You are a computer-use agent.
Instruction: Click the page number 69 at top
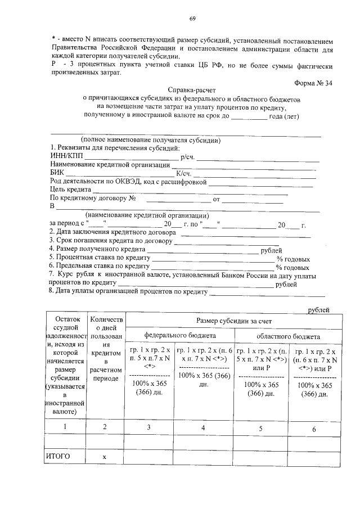point(192,19)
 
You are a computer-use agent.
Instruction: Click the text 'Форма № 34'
point(313,83)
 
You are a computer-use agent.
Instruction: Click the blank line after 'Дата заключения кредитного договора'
point(236,233)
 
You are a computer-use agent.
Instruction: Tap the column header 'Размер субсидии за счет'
point(233,320)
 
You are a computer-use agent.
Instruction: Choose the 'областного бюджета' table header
point(288,336)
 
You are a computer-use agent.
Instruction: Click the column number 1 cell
point(65,426)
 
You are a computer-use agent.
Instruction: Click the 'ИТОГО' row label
point(58,457)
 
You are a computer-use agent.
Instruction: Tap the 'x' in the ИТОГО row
point(104,457)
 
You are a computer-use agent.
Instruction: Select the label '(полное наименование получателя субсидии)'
point(151,140)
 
